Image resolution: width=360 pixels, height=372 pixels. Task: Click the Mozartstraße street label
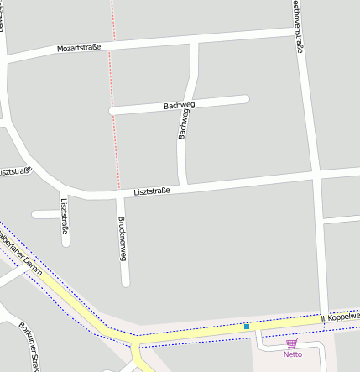click(x=79, y=48)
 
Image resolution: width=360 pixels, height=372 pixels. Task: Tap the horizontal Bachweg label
click(x=180, y=106)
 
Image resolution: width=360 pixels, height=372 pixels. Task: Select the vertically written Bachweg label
click(x=184, y=124)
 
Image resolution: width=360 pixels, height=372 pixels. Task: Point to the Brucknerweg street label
click(x=123, y=238)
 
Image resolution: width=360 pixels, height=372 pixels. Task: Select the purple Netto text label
click(x=292, y=354)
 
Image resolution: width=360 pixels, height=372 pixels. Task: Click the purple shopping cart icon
click(x=292, y=343)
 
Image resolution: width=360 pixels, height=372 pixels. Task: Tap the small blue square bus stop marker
click(x=247, y=326)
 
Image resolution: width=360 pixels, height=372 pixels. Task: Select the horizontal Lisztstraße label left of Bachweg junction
click(x=152, y=191)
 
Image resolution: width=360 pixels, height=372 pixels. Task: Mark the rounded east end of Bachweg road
click(x=246, y=100)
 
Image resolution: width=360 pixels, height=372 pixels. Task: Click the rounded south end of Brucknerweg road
click(x=126, y=282)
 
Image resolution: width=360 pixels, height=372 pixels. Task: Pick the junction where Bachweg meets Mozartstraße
click(x=195, y=41)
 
